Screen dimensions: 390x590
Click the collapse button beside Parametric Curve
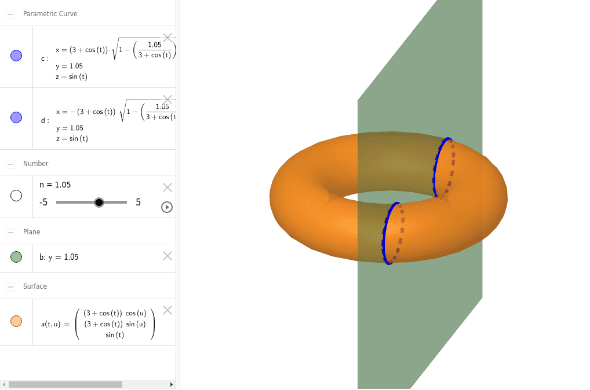click(10, 14)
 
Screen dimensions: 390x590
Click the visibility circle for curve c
click(16, 56)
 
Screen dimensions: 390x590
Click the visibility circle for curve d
click(16, 117)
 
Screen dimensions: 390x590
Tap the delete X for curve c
click(167, 38)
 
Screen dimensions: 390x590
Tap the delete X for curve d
click(167, 100)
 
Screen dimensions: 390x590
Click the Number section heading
click(35, 164)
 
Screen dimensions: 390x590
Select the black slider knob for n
click(99, 202)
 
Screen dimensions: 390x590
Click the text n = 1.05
click(55, 185)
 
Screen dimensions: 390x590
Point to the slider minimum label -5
click(43, 202)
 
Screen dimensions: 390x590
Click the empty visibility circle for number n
click(16, 196)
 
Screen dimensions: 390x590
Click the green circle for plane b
click(16, 257)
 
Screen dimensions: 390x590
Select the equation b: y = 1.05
click(59, 257)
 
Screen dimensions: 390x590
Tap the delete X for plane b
click(167, 256)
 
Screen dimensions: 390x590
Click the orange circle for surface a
click(16, 321)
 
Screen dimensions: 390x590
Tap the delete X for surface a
click(167, 310)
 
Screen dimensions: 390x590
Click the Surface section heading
click(35, 286)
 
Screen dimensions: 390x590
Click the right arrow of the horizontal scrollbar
click(171, 384)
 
